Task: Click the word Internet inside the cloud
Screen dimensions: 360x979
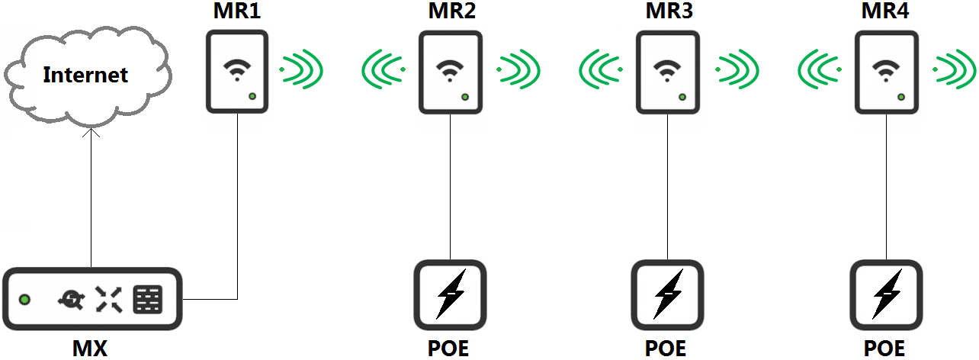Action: coord(85,75)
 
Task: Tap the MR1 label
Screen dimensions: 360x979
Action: coord(236,13)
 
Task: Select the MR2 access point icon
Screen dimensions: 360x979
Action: coord(450,72)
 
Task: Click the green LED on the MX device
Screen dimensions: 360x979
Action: coord(25,300)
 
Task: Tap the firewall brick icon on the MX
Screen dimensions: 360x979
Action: coord(147,300)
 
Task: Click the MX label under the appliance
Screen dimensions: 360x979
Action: coord(90,349)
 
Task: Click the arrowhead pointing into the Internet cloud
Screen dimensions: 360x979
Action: coord(91,134)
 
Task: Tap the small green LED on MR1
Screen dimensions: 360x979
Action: coord(252,96)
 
